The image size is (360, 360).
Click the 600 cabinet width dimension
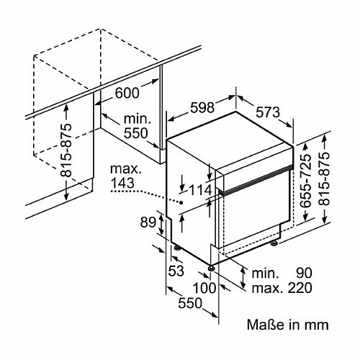(x=127, y=93)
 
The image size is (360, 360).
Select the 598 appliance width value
(x=202, y=108)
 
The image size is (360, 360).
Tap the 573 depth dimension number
(x=268, y=112)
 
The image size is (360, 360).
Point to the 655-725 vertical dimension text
(x=306, y=179)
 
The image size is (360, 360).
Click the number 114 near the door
(x=201, y=190)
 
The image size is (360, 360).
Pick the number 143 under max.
(x=122, y=183)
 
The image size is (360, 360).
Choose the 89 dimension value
(x=148, y=222)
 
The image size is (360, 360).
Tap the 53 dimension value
(x=176, y=271)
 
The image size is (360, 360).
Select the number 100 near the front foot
(x=204, y=288)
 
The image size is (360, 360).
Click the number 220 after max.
(x=300, y=288)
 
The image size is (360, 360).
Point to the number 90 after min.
(x=304, y=273)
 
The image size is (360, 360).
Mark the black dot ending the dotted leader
(x=181, y=202)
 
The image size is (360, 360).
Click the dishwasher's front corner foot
(x=211, y=268)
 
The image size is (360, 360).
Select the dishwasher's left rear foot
(x=178, y=248)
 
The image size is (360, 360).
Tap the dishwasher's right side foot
(x=274, y=243)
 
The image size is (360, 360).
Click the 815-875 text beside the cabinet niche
(x=66, y=150)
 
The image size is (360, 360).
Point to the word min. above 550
(x=138, y=119)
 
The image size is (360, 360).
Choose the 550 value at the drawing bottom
(x=190, y=303)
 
